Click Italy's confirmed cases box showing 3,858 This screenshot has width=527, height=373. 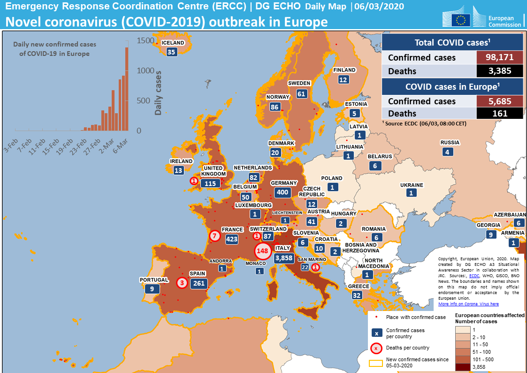284,258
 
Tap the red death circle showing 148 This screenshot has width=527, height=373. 262,251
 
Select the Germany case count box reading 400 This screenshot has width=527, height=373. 283,192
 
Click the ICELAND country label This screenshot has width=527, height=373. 173,43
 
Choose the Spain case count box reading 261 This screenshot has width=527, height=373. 199,283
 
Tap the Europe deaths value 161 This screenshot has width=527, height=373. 499,113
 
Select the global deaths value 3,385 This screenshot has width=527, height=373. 499,71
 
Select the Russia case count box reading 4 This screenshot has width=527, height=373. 447,152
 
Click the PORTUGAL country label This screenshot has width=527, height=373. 153,280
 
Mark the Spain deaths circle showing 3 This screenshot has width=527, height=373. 182,283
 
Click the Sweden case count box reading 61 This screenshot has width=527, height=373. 301,93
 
